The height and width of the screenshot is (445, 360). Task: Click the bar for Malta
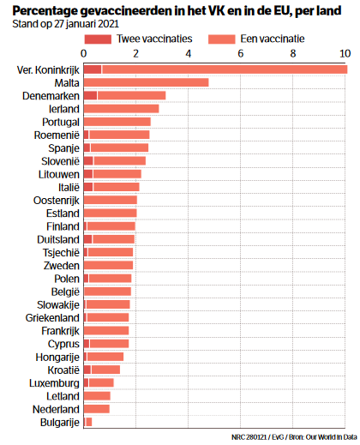pyautogui.click(x=146, y=82)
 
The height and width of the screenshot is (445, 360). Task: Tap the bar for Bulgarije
pyautogui.click(x=87, y=422)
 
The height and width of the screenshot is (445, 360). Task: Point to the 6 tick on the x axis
pyautogui.click(x=241, y=54)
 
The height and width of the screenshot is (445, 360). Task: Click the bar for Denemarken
pyautogui.click(x=124, y=95)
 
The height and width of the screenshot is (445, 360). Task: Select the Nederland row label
pyautogui.click(x=55, y=409)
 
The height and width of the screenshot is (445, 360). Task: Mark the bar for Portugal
pyautogui.click(x=117, y=122)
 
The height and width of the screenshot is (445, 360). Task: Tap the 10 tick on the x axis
pyautogui.click(x=345, y=54)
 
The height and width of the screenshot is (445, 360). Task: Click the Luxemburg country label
pyautogui.click(x=54, y=382)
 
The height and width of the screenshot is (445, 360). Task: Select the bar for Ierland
pyautogui.click(x=121, y=109)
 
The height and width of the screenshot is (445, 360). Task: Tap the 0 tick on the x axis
pyautogui.click(x=84, y=54)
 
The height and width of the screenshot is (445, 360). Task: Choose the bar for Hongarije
pyautogui.click(x=104, y=357)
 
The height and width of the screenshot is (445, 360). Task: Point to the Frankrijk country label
pyautogui.click(x=57, y=330)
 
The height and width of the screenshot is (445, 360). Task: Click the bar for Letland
pyautogui.click(x=97, y=395)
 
